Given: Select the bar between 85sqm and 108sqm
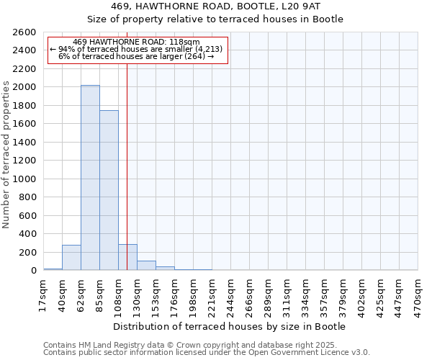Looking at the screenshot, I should (109, 191).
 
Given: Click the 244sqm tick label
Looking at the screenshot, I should (231, 294).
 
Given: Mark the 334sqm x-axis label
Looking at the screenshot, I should (306, 294).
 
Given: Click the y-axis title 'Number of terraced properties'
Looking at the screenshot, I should (7, 155).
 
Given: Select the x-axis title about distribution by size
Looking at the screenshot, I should (230, 326).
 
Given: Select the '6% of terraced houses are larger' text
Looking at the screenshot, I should (136, 56).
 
